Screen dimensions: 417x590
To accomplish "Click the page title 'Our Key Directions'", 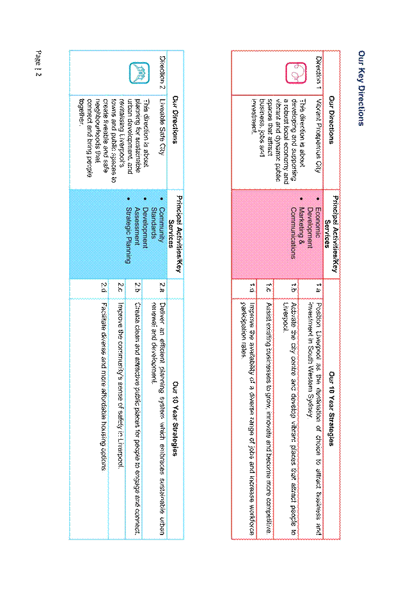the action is [361, 88].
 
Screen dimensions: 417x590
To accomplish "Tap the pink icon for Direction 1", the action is [296, 73].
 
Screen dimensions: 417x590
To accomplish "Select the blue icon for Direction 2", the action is [139, 73].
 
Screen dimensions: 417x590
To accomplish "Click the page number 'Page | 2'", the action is [38, 63].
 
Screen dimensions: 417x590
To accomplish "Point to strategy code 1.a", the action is [319, 288].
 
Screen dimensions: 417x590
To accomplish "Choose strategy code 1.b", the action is [294, 288].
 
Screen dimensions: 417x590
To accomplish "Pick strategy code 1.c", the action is [269, 288].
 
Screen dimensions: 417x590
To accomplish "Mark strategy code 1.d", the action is [252, 288].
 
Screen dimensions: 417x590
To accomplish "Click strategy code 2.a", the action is [162, 288].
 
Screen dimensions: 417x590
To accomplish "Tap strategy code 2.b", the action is [138, 288].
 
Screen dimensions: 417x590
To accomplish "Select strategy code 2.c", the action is [120, 288].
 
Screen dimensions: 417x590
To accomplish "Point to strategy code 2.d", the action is [104, 288].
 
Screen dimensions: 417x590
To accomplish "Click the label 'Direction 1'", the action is [319, 73].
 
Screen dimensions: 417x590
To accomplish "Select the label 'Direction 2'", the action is [162, 73].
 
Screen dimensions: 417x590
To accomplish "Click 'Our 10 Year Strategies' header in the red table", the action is [331, 409].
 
